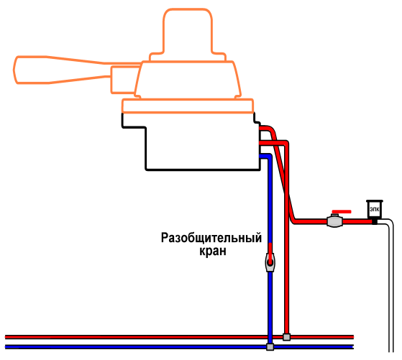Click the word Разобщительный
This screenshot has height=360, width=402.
point(211,238)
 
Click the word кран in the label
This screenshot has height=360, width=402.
point(213,251)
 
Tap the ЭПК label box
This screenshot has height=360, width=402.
point(375,209)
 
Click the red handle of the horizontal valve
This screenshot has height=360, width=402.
point(342,212)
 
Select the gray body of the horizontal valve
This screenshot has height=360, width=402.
point(335,221)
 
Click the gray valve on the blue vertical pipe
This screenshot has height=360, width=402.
point(270,262)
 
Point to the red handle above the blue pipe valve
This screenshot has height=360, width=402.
point(270,252)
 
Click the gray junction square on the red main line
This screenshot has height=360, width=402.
point(287,337)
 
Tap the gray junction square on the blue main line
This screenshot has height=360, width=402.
point(270,347)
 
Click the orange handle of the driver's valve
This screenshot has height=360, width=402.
point(62,70)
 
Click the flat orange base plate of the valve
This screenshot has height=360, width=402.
point(188,106)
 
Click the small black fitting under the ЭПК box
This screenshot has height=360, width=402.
point(375,221)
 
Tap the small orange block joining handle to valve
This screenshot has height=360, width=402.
point(124,80)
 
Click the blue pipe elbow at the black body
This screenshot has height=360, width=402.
point(267,157)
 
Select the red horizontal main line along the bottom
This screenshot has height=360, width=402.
point(180,337)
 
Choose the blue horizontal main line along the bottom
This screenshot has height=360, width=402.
point(180,347)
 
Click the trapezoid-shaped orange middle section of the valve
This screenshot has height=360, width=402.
point(188,80)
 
